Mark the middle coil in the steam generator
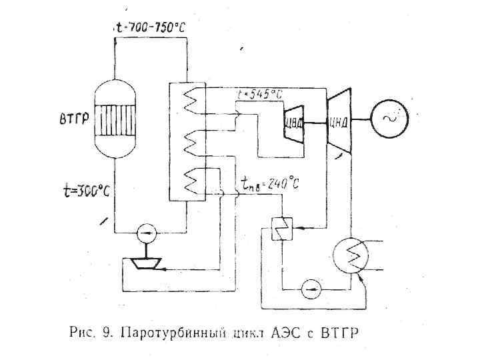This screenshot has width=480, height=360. (x=191, y=141)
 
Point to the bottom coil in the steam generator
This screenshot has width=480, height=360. (x=191, y=181)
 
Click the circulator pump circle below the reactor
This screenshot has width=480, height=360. (x=146, y=232)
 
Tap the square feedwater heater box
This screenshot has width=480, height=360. (x=282, y=229)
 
